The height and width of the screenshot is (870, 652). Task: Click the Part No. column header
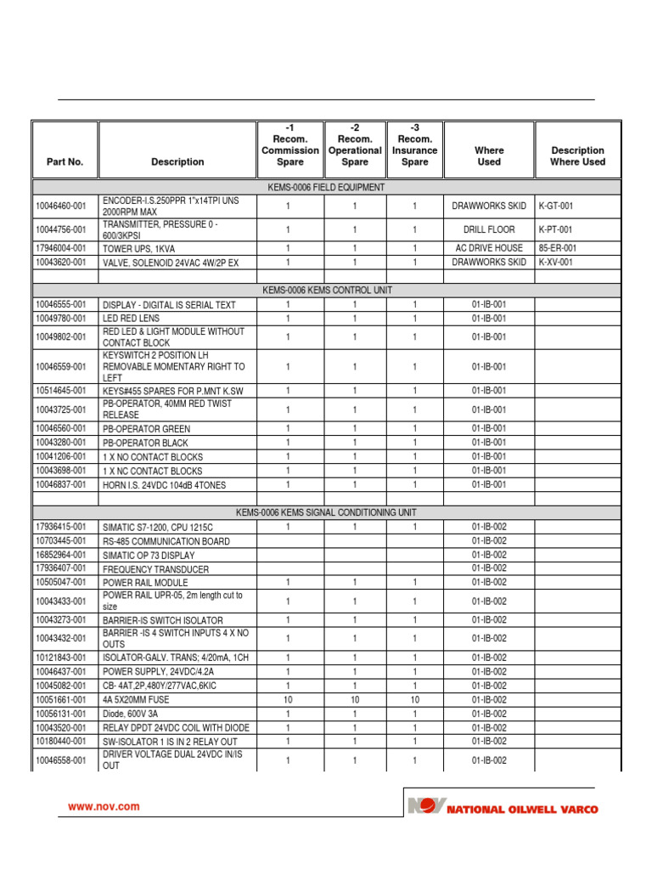65,161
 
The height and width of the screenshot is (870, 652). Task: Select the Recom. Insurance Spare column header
414,144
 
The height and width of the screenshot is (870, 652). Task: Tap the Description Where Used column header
577,156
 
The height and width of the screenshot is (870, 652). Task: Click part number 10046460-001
61,206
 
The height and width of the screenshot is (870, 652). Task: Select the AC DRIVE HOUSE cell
489,248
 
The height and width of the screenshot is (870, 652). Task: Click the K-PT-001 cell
556,229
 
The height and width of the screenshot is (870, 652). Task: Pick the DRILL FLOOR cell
489,229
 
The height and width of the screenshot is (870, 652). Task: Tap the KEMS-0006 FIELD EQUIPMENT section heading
325,187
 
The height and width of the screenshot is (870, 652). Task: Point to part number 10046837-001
61,484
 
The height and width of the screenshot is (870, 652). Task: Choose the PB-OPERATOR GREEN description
146,429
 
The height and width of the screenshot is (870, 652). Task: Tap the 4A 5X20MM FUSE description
136,700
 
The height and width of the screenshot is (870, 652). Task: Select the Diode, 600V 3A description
130,715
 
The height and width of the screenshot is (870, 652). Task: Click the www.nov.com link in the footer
104,807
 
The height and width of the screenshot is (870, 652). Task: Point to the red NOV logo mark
424,805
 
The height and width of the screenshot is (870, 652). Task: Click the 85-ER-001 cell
558,248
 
